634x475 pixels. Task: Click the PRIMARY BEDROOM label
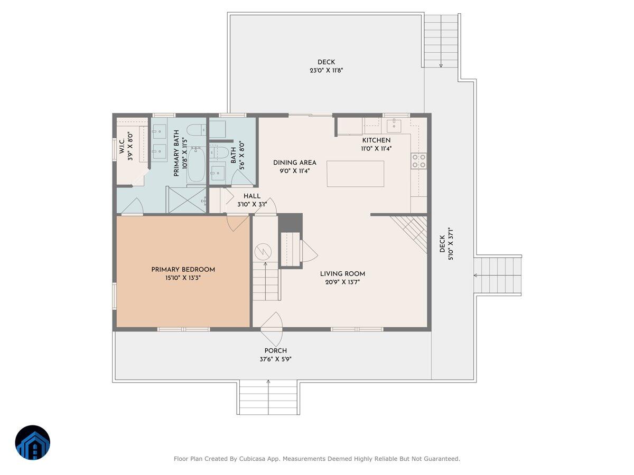click(183, 270)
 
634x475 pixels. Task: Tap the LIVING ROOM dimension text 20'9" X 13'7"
click(342, 282)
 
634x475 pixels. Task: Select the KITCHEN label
click(376, 140)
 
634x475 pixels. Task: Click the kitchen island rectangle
click(355, 174)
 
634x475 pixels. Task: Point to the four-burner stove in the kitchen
click(419, 161)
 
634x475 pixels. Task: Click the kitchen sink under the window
click(394, 125)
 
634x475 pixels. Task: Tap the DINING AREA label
click(295, 163)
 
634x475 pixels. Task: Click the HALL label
click(252, 196)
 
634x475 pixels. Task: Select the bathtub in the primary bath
click(196, 164)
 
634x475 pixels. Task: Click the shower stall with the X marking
click(187, 200)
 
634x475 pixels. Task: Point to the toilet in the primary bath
click(196, 130)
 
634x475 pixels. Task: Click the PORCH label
click(276, 350)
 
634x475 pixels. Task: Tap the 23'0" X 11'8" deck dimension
click(327, 70)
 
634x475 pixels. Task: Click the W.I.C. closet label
click(122, 146)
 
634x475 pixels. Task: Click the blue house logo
click(33, 442)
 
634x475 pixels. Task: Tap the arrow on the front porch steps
click(268, 397)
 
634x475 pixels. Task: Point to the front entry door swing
click(272, 329)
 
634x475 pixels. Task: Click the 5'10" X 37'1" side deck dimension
click(451, 244)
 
